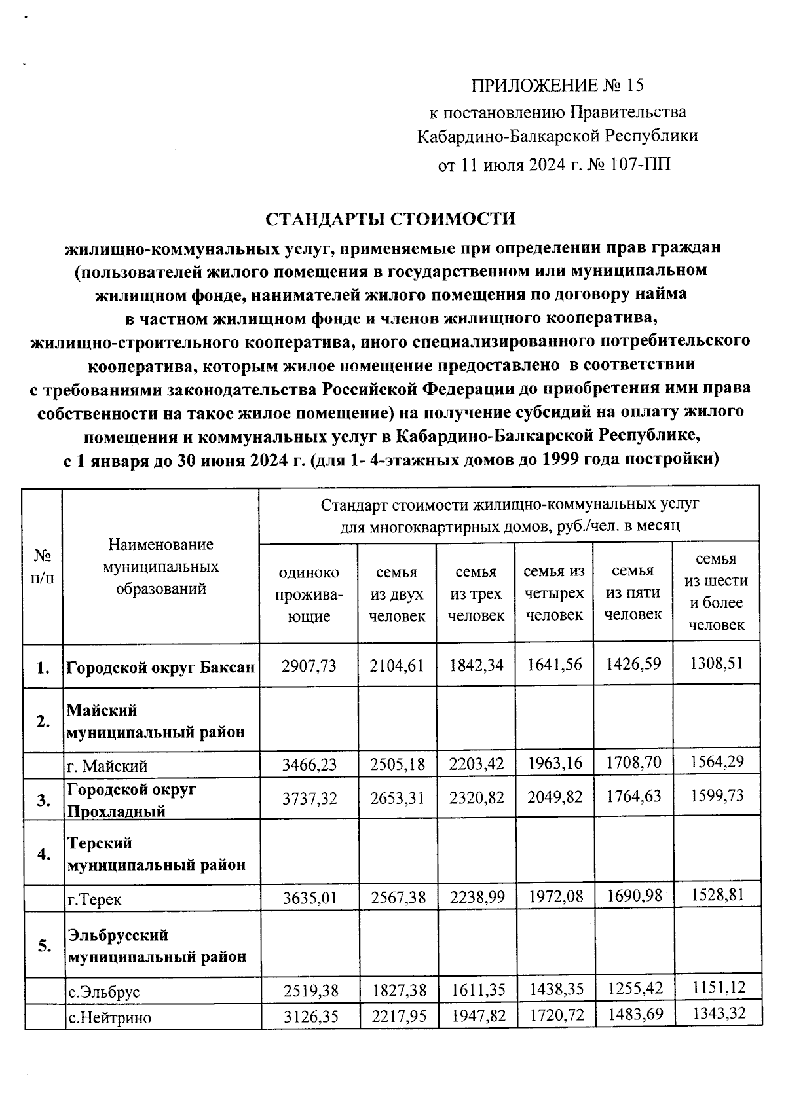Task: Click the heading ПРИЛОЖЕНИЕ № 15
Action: (557, 85)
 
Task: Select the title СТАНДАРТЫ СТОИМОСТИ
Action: (390, 219)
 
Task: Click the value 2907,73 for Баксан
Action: (309, 666)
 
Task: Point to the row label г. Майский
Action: (108, 766)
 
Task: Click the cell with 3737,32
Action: (309, 798)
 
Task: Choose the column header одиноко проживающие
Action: (309, 594)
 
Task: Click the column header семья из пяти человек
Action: (633, 592)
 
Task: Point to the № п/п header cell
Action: (43, 566)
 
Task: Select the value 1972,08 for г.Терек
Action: (554, 896)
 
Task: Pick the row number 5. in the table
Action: (44, 946)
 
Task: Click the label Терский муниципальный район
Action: (157, 854)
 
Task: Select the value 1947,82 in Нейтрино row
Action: (476, 1017)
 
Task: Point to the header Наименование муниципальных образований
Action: (161, 566)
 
